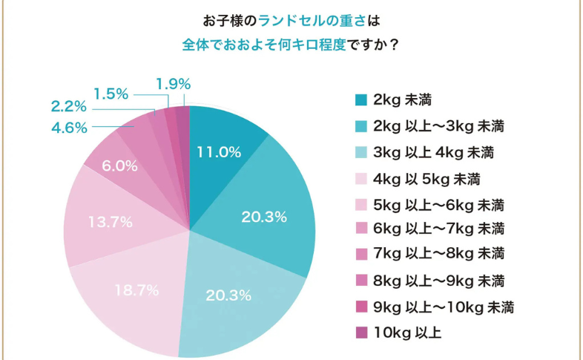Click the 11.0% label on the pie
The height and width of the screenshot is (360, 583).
click(x=219, y=152)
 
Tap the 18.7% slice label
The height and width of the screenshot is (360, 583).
click(x=137, y=290)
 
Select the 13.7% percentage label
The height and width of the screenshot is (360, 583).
click(x=111, y=221)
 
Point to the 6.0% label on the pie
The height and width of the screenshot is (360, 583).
click(x=119, y=166)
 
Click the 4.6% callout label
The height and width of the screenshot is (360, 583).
click(x=69, y=127)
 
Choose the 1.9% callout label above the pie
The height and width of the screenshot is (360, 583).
click(x=174, y=83)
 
